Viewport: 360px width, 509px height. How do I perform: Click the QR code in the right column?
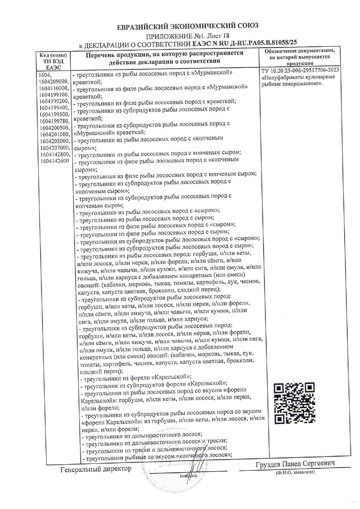point(294,403)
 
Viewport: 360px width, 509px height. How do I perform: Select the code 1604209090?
point(54,82)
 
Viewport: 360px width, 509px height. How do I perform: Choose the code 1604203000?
point(55,141)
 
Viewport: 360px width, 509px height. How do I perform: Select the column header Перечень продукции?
point(164,57)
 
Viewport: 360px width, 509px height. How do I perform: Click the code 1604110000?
point(54,89)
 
